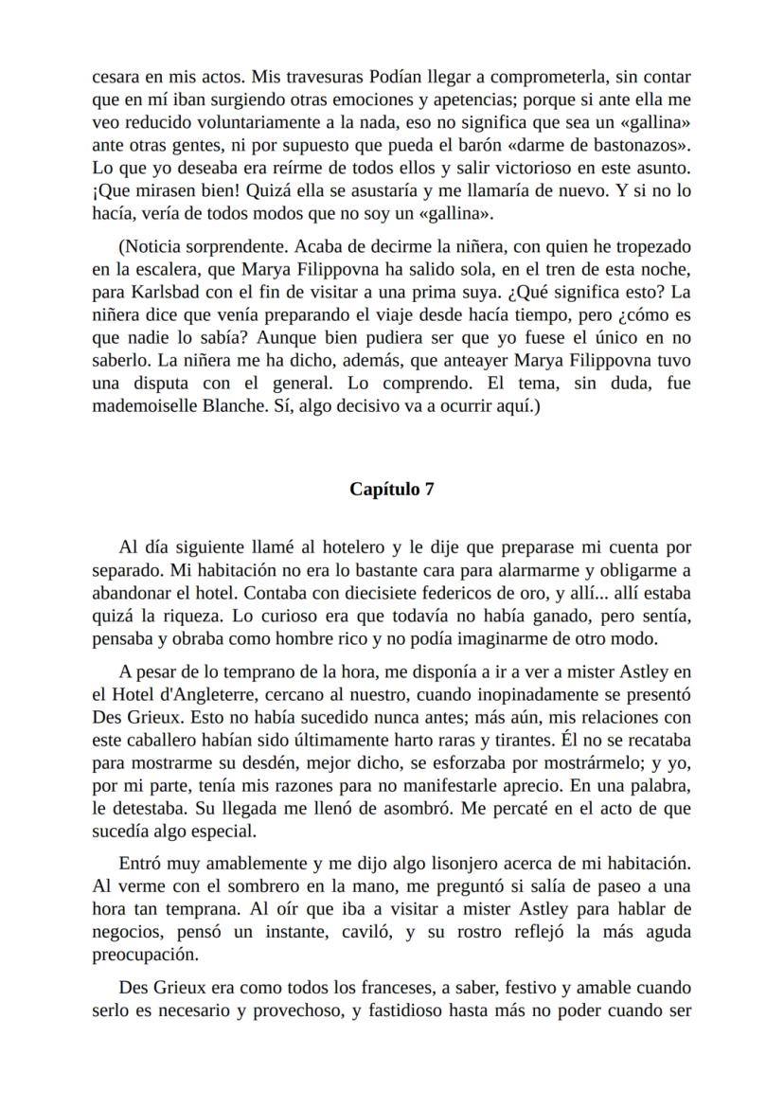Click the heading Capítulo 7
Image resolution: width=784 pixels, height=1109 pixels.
click(392, 489)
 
